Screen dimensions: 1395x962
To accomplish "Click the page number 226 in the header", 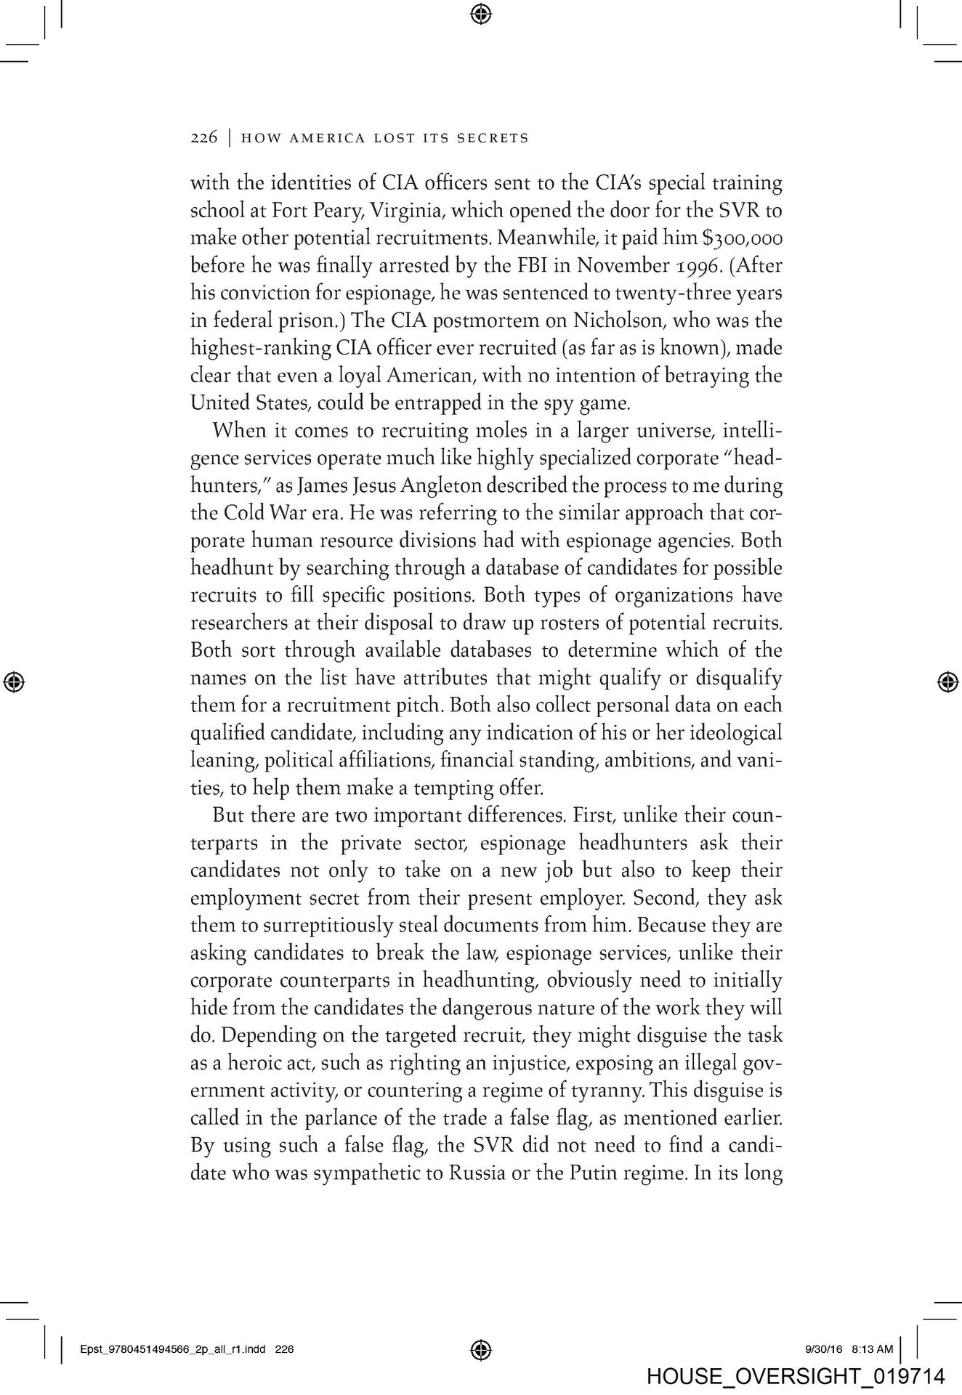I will coord(203,137).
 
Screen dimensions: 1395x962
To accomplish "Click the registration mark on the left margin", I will coord(14,681).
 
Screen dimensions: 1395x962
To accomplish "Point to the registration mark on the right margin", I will coord(947,681).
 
